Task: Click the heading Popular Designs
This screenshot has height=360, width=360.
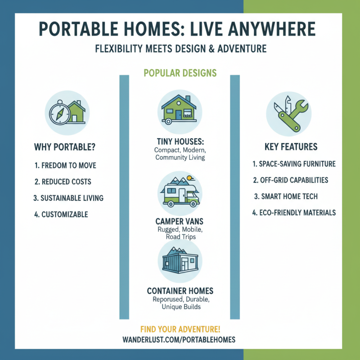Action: (x=180, y=73)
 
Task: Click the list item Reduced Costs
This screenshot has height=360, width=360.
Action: (x=63, y=182)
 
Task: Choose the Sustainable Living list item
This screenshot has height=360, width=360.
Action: (x=69, y=198)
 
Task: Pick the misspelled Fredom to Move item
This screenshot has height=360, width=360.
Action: (x=65, y=166)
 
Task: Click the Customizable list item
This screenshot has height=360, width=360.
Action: (x=61, y=215)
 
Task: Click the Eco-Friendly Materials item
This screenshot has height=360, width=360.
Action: (x=294, y=212)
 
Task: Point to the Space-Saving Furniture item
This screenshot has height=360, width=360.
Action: (x=294, y=164)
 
